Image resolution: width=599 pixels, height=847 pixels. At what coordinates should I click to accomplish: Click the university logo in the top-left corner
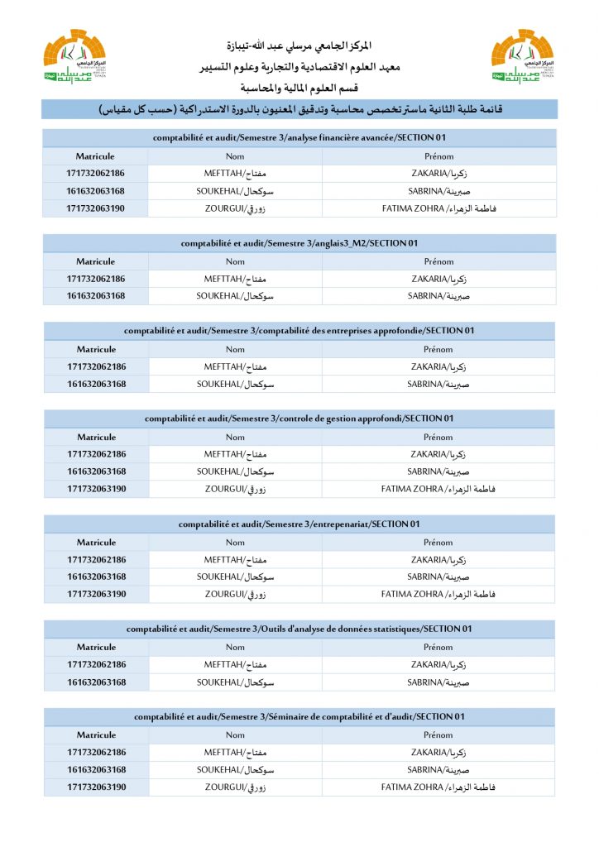pyautogui.click(x=74, y=56)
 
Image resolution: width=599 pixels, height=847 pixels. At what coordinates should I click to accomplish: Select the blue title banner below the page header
pyautogui.click(x=299, y=109)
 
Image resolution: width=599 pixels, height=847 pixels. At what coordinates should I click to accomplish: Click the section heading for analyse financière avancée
pyautogui.click(x=299, y=137)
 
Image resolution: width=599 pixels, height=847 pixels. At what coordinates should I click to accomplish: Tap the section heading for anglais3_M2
pyautogui.click(x=299, y=243)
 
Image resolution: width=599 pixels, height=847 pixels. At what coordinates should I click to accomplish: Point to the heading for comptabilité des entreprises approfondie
pyautogui.click(x=299, y=331)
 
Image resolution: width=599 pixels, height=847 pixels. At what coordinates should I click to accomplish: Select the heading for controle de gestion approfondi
pyautogui.click(x=299, y=419)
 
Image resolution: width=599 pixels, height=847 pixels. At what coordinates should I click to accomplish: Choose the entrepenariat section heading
pyautogui.click(x=299, y=524)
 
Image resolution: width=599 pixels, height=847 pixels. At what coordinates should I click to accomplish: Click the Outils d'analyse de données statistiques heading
pyautogui.click(x=299, y=629)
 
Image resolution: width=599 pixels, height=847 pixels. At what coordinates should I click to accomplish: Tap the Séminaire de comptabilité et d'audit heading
pyautogui.click(x=299, y=716)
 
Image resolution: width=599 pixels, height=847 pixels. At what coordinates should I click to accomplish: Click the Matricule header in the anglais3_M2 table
pyautogui.click(x=96, y=261)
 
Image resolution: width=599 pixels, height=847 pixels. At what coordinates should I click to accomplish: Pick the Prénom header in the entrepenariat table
pyautogui.click(x=438, y=543)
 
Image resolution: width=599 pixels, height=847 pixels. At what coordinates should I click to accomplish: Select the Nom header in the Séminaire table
pyautogui.click(x=236, y=735)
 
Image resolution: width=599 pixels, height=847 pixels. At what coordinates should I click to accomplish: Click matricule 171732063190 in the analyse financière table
pyautogui.click(x=96, y=208)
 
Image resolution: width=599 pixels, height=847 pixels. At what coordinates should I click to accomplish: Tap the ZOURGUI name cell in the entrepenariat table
pyautogui.click(x=236, y=594)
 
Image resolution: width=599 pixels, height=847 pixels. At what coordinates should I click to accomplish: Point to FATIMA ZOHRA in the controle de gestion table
pyautogui.click(x=438, y=489)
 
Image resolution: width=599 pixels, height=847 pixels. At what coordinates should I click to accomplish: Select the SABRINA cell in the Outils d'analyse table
pyautogui.click(x=438, y=682)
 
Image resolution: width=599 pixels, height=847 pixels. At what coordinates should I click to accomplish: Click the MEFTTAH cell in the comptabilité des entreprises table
pyautogui.click(x=236, y=366)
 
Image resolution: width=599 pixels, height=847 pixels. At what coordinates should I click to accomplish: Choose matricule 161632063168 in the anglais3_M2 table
pyautogui.click(x=96, y=296)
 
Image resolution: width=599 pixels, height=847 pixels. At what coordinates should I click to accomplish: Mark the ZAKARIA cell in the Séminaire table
pyautogui.click(x=438, y=753)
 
